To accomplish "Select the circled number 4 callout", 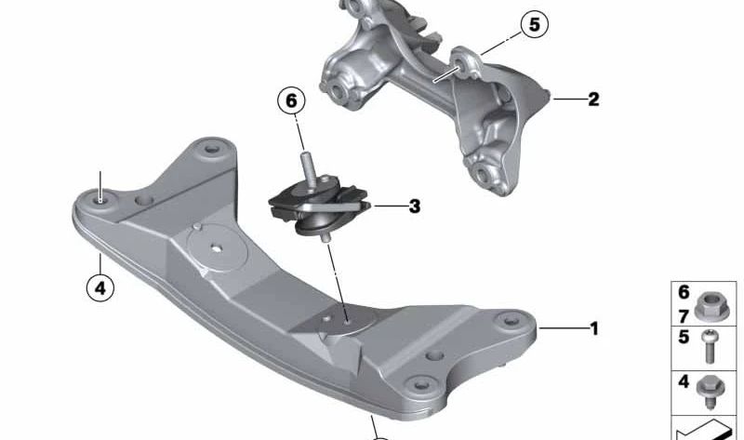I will tap(100, 288).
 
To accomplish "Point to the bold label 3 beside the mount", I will tap(414, 207).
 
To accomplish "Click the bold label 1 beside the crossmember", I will tap(593, 328).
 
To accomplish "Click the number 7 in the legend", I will tap(684, 316).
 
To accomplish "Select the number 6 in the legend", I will tap(684, 292).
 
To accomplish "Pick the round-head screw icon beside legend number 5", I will tap(711, 347).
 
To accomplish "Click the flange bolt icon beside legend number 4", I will tap(710, 389).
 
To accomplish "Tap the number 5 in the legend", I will tap(684, 338).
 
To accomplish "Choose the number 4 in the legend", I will tap(684, 381).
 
